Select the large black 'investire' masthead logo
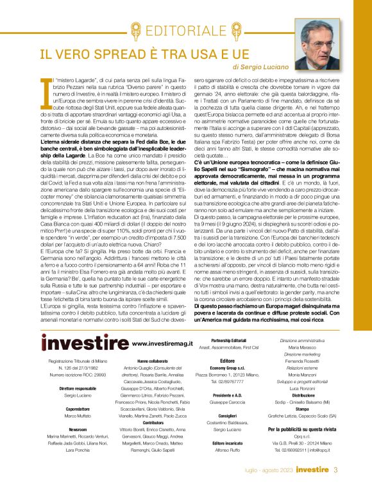(x=84, y=343)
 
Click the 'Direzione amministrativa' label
(x=303, y=340)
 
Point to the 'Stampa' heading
(x=303, y=407)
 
